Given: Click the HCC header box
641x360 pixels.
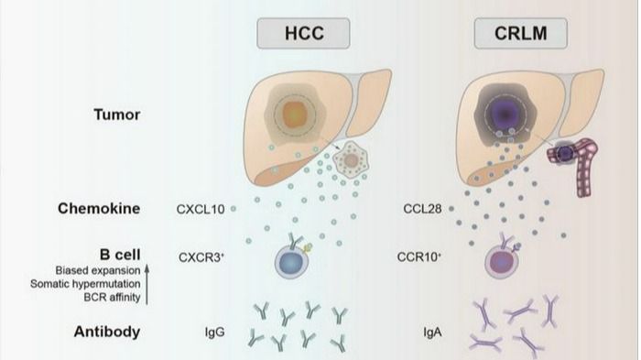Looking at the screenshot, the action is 303,33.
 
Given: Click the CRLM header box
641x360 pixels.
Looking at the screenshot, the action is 520,33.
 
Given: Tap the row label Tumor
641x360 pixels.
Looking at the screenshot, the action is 117,115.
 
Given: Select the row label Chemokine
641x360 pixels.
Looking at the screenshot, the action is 99,208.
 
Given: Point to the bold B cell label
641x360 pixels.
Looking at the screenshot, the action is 120,255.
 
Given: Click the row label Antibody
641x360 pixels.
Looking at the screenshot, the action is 107,332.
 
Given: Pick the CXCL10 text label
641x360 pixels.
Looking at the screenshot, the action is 201,209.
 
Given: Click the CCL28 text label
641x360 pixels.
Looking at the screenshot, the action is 422,209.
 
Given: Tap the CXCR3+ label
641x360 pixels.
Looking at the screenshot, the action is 201,257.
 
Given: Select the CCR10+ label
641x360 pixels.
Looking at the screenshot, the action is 419,256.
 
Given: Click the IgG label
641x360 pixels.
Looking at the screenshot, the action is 214,332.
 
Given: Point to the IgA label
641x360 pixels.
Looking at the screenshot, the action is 432,332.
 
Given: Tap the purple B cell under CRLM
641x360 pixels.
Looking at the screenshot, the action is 502,262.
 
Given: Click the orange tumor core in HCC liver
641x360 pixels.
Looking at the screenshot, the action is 294,114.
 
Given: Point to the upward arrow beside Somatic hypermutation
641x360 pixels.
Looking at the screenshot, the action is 147,284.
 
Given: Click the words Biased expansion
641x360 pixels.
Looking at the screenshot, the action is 98,270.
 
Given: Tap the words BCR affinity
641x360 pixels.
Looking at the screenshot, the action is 112,297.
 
